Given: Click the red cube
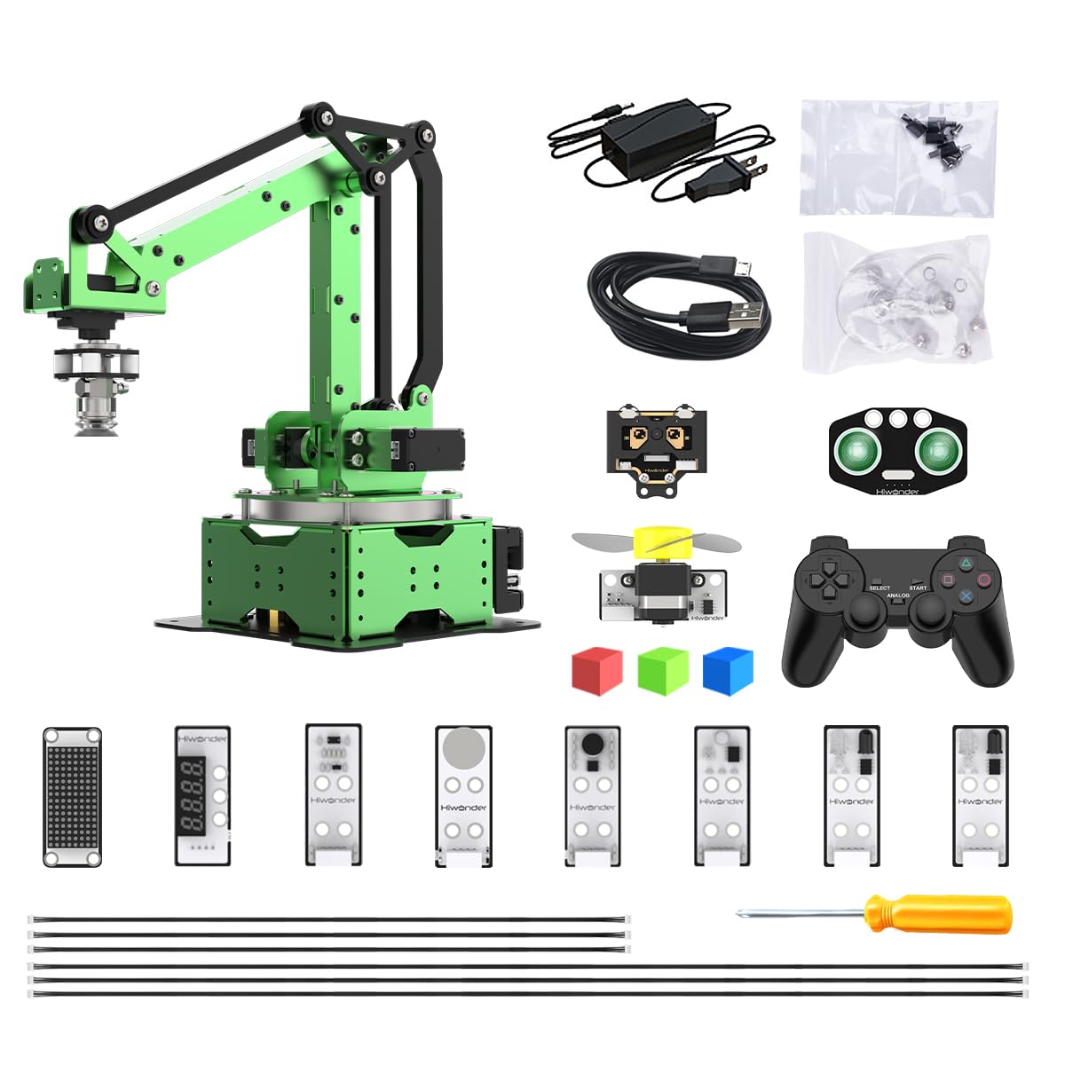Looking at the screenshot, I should pyautogui.click(x=596, y=671).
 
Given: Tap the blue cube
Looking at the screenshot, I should pyautogui.click(x=728, y=671).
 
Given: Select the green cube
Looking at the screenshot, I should pyautogui.click(x=663, y=671).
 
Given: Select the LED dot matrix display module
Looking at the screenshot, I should pyautogui.click(x=72, y=796).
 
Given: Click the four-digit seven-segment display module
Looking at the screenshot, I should pyautogui.click(x=202, y=796).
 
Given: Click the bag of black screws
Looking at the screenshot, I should pyautogui.click(x=897, y=157).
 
